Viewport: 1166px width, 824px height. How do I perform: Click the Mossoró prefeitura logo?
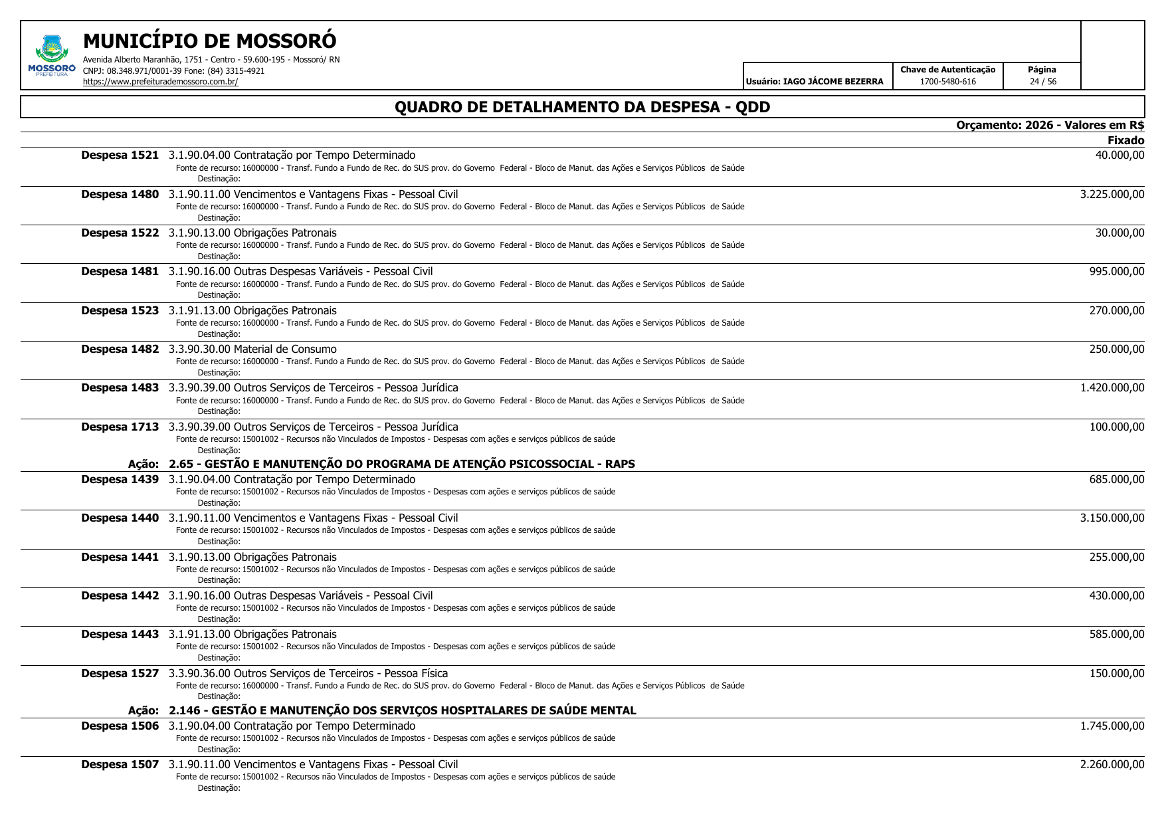[x=51, y=56]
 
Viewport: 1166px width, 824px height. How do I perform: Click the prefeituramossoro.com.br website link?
[x=160, y=82]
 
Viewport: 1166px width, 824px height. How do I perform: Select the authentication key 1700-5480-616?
[x=947, y=82]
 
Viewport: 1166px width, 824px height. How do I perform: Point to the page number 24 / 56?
[x=1042, y=82]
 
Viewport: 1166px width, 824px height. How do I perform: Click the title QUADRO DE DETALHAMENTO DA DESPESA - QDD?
[x=582, y=107]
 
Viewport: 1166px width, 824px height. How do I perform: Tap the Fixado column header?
[x=1125, y=140]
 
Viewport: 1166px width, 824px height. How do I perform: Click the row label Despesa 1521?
[x=120, y=155]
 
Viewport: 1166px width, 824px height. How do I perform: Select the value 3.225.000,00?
[x=1112, y=194]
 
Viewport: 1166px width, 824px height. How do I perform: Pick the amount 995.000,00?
[x=1116, y=272]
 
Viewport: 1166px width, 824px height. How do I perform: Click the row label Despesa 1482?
[x=120, y=350]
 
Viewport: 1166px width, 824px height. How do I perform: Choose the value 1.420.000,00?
[x=1112, y=388]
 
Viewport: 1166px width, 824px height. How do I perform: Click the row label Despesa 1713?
[x=120, y=427]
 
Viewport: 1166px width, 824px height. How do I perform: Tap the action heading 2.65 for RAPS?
[x=401, y=464]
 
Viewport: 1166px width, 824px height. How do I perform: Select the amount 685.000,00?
[x=1116, y=480]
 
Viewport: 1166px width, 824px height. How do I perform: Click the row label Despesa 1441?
[x=120, y=558]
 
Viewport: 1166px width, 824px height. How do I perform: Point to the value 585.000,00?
[x=1116, y=635]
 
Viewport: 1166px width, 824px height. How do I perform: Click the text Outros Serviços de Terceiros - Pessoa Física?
[x=341, y=674]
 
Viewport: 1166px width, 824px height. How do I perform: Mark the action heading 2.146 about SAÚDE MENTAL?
[x=402, y=710]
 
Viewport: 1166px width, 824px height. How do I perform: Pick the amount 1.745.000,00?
[x=1112, y=726]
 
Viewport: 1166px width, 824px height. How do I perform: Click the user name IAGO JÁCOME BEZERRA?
[x=833, y=82]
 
